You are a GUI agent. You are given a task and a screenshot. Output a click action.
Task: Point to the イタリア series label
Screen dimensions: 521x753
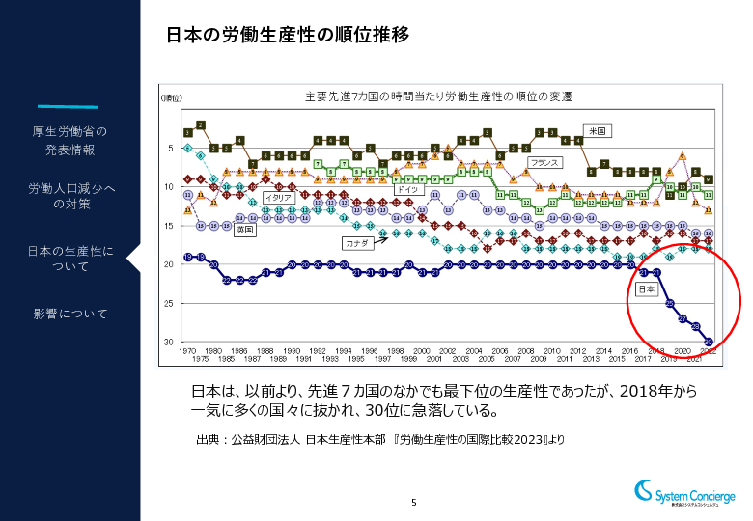(277, 197)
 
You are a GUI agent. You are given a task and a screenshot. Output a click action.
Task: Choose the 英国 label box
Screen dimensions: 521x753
(245, 231)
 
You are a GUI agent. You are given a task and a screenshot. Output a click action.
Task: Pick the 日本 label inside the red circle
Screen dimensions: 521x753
(647, 288)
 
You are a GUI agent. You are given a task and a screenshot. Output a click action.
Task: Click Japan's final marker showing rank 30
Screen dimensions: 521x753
(710, 342)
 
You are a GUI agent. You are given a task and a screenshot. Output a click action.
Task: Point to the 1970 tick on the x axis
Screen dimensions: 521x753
(187, 351)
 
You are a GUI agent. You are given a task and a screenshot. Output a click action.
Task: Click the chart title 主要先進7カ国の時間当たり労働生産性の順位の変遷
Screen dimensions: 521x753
(438, 96)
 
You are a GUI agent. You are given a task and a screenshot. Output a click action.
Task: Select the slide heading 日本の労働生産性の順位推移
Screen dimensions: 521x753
(288, 35)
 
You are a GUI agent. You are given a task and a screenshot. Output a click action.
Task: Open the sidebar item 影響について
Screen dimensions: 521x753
(70, 314)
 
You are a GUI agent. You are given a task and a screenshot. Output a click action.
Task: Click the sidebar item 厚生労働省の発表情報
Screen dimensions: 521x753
(70, 140)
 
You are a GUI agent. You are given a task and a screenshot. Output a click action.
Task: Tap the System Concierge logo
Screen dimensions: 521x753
(684, 493)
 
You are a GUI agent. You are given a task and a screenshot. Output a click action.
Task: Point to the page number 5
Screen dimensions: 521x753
(414, 502)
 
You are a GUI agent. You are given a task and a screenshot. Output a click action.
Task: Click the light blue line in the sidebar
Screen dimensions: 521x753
(69, 106)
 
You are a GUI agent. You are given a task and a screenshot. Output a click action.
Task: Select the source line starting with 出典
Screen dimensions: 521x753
(379, 440)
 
